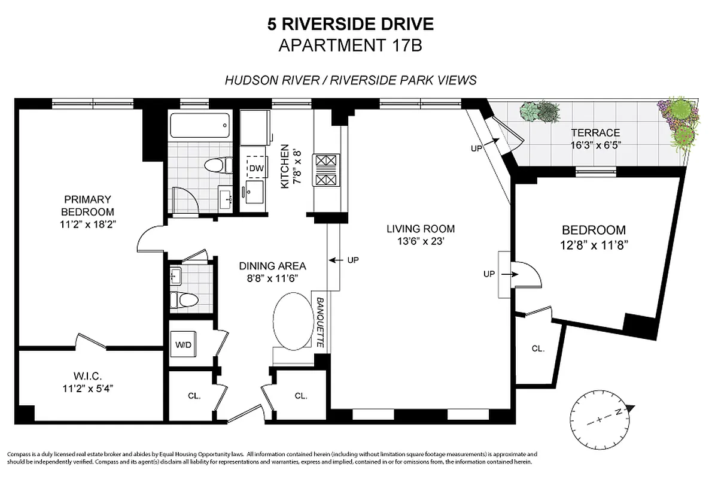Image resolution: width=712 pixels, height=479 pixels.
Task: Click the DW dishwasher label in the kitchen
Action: [256, 168]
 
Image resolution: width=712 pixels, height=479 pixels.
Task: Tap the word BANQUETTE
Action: [320, 323]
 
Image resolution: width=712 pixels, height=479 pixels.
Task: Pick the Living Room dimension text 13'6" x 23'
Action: [420, 241]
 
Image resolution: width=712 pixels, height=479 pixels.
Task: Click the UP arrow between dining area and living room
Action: [345, 260]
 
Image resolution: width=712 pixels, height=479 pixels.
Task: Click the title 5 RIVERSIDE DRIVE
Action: [350, 25]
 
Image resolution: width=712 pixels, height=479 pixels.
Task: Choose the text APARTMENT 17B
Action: [351, 46]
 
